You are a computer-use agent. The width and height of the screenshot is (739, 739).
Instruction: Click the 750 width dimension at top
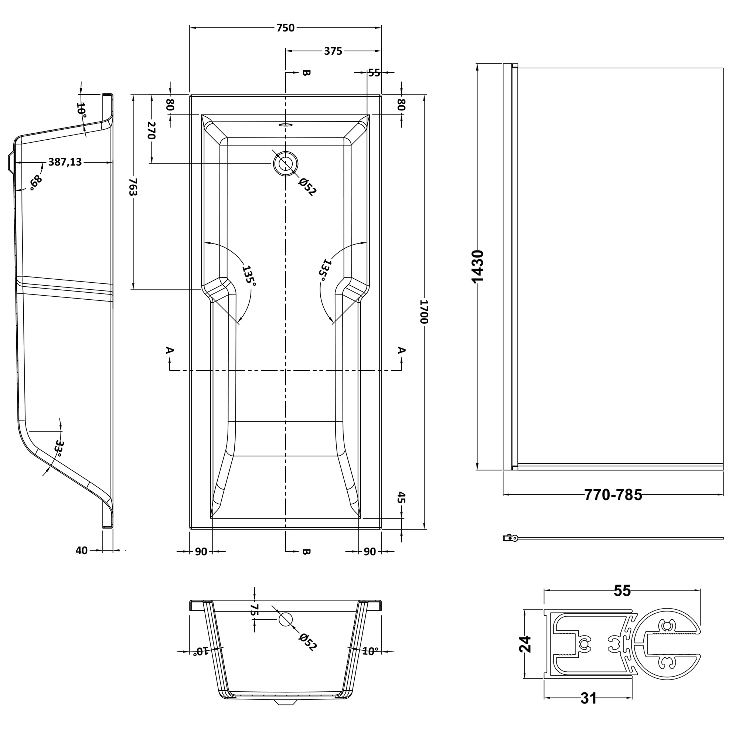285,28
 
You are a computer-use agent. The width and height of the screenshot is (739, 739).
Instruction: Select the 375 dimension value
333,51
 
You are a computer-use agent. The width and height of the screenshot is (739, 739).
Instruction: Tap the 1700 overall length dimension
423,312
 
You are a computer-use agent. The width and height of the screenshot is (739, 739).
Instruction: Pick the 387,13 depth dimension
65,162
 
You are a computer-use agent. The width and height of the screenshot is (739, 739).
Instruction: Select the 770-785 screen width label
613,495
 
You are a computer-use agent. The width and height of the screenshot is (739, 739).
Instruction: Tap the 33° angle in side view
59,448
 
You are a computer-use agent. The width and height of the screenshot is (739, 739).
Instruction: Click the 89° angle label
36,183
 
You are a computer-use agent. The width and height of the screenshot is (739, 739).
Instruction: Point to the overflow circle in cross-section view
285,619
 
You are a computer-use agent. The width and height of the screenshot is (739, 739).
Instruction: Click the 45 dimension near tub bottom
401,497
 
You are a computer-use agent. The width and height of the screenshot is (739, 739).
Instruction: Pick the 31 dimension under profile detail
588,698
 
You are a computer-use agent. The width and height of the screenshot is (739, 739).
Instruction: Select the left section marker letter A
170,350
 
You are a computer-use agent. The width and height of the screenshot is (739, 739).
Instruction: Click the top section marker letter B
306,73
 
